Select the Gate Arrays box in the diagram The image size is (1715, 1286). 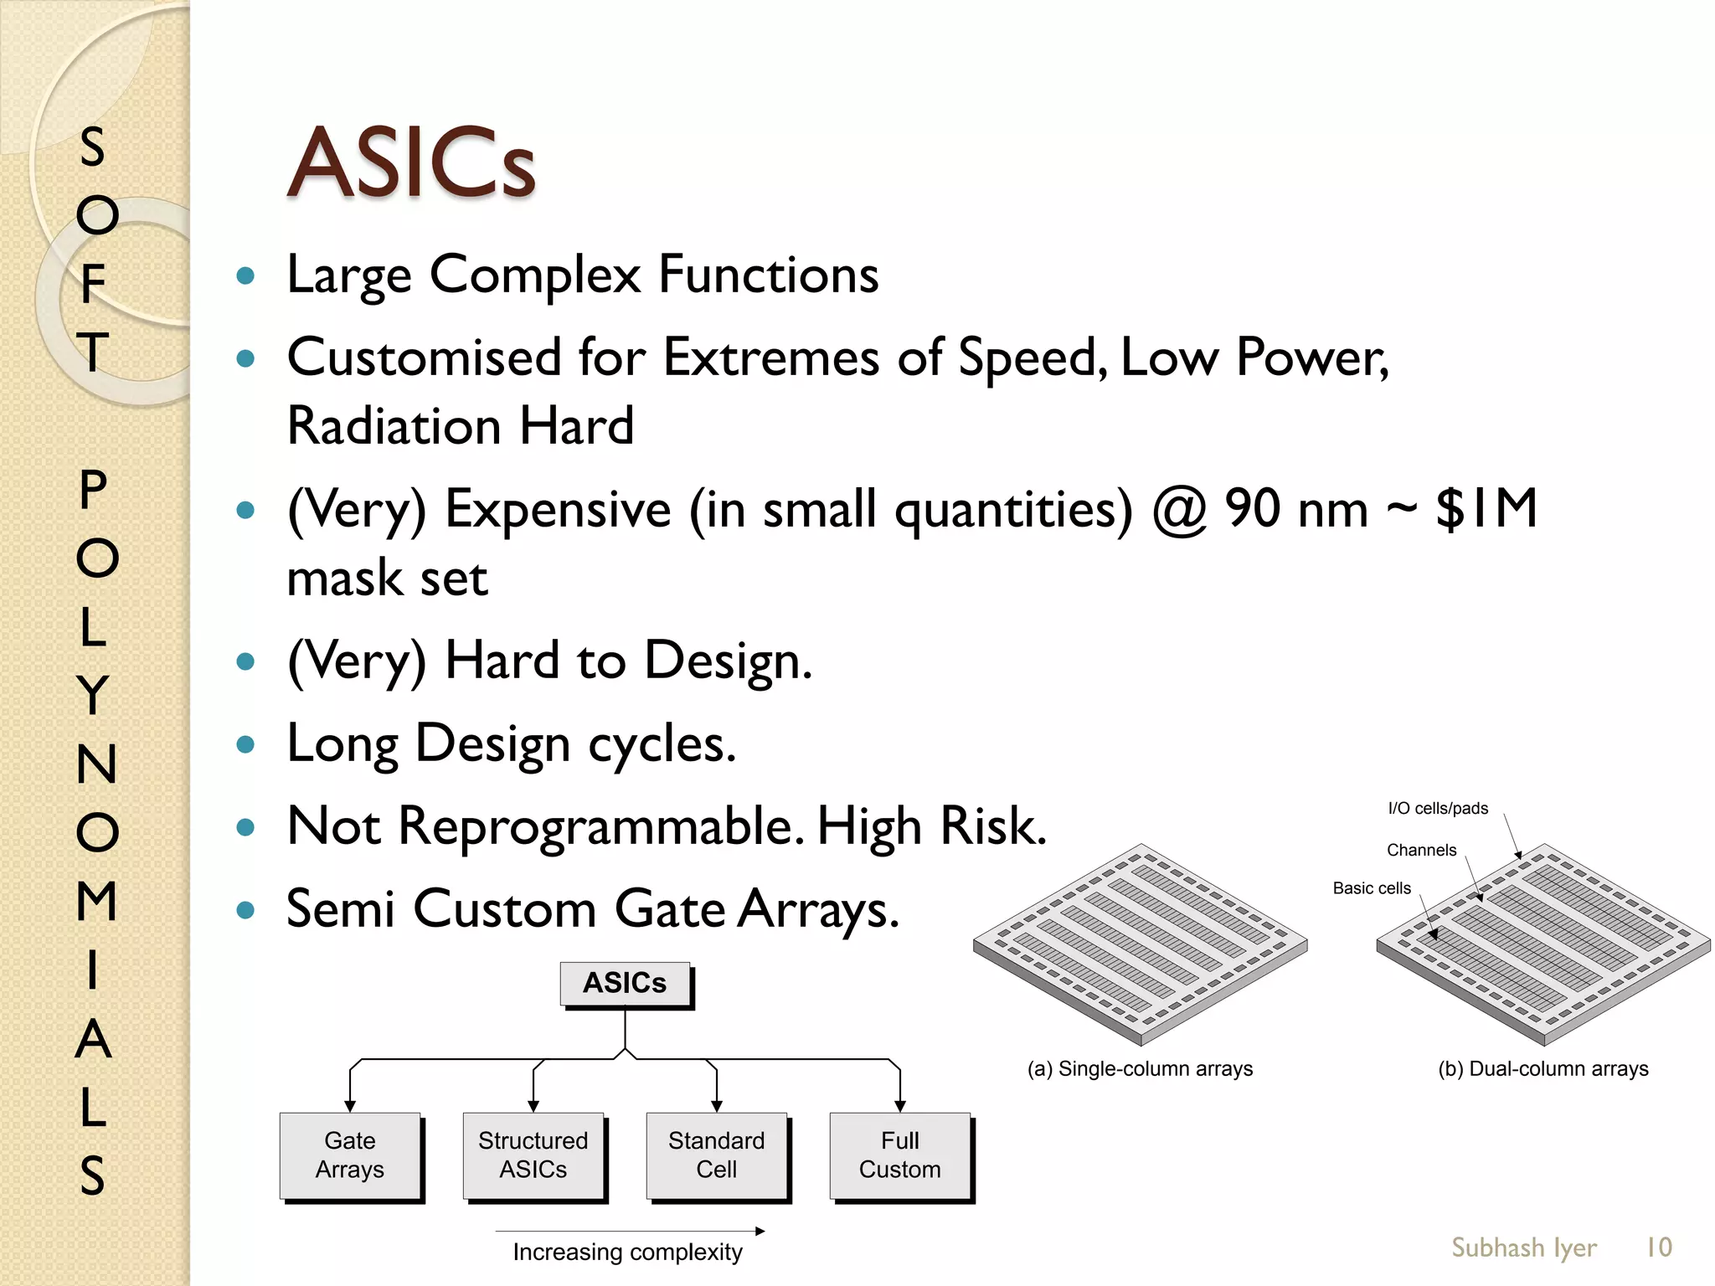[350, 1155]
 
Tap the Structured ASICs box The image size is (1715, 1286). [533, 1155]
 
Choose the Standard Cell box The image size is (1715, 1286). [717, 1155]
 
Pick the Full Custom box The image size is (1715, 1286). [900, 1155]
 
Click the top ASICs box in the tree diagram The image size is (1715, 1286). [625, 983]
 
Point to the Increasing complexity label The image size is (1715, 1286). [627, 1253]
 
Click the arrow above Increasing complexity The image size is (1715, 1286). [630, 1231]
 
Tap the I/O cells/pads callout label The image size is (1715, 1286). [1438, 809]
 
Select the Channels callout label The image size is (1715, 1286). [1421, 851]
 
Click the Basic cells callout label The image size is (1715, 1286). [1372, 888]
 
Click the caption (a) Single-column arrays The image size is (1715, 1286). [1140, 1069]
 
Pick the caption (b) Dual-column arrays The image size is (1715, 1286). [1542, 1069]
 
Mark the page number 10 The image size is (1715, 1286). [1659, 1247]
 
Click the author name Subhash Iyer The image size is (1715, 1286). [1524, 1247]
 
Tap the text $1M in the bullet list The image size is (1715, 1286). [1486, 509]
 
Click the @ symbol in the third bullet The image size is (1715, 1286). [1179, 511]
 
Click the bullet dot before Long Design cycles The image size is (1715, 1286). [245, 744]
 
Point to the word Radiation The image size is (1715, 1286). [394, 426]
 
